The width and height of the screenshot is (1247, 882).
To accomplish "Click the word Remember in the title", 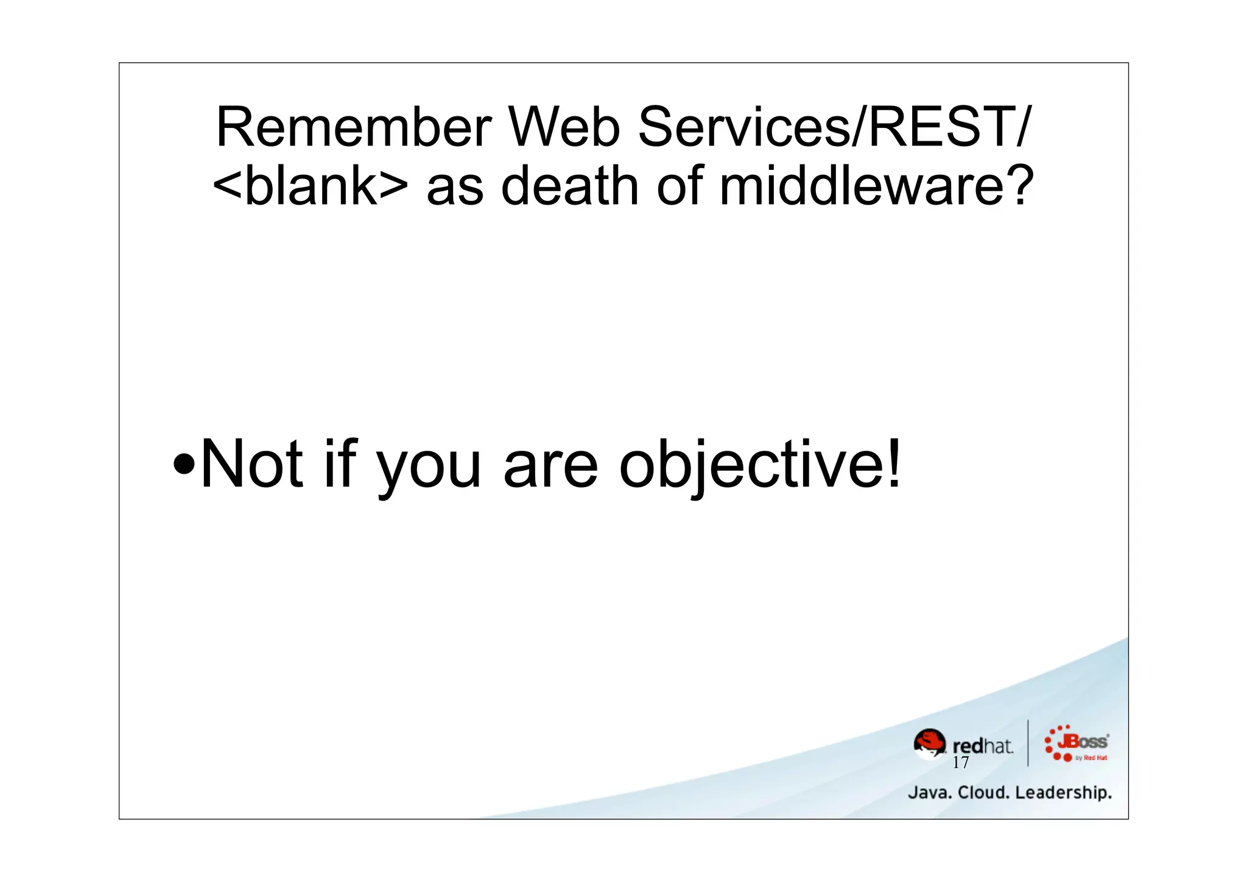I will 353,127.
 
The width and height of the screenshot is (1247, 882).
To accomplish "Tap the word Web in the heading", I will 564,127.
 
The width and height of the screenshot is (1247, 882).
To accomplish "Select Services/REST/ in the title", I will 834,127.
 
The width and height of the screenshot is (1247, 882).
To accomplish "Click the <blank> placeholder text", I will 311,186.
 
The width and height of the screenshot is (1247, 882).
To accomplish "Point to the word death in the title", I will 570,186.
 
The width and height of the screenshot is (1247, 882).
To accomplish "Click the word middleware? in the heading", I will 877,186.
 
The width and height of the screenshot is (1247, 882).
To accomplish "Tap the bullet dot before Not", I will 184,467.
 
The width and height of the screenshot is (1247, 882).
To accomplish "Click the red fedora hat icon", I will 930,743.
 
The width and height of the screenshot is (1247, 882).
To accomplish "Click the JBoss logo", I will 1077,743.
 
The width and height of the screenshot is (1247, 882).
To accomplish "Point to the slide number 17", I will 960,763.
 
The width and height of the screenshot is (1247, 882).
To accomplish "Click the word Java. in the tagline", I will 929,792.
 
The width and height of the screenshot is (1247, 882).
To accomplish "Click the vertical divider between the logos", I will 1028,743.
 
